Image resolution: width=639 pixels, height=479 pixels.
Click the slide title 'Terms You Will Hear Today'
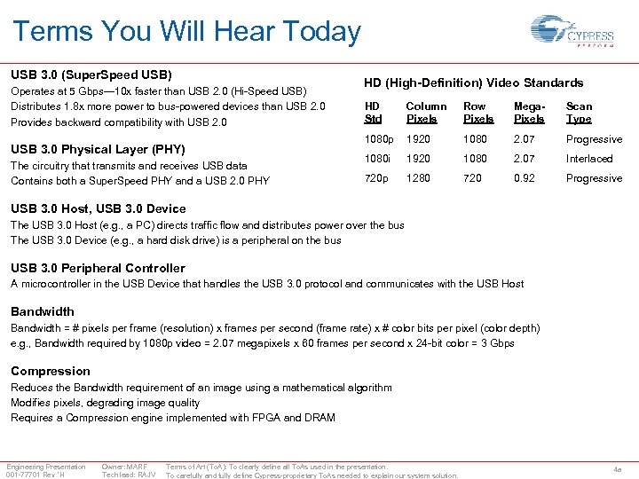tap(186, 32)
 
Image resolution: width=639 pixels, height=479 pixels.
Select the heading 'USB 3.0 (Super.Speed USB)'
tap(91, 75)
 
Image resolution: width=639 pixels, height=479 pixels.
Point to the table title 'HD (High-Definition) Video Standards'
tap(473, 82)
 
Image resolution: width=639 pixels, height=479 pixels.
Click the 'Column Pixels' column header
tap(426, 113)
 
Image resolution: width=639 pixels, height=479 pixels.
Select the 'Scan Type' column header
tap(579, 113)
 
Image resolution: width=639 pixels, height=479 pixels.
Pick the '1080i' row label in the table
tap(378, 159)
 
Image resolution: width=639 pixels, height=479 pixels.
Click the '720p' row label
tap(376, 178)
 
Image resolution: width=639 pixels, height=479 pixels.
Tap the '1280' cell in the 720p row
tap(418, 178)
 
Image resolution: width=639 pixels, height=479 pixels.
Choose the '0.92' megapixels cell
tap(525, 178)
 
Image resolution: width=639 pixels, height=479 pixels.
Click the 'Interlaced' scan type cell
tap(589, 159)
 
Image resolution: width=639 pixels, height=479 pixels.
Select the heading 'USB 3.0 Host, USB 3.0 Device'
tap(98, 208)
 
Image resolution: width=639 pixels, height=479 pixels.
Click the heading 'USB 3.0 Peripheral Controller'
tap(98, 268)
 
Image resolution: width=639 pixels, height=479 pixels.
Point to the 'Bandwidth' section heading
tap(43, 311)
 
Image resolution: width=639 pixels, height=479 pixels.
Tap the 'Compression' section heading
tap(51, 371)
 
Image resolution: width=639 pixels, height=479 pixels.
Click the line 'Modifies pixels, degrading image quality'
tap(105, 403)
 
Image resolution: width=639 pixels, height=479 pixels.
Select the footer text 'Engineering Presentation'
tap(46, 467)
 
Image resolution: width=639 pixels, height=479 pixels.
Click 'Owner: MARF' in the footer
tap(124, 467)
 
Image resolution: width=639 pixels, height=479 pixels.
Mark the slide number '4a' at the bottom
tap(618, 469)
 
